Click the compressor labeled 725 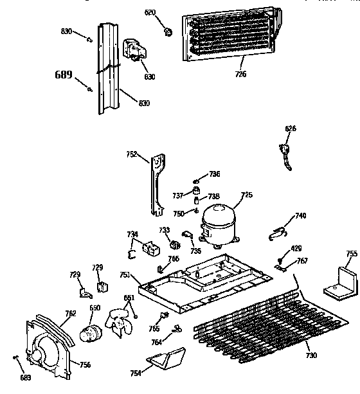(x=219, y=225)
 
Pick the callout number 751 (x=125, y=274)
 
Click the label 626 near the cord (x=291, y=129)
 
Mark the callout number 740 (x=300, y=215)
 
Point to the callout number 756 (x=85, y=364)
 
